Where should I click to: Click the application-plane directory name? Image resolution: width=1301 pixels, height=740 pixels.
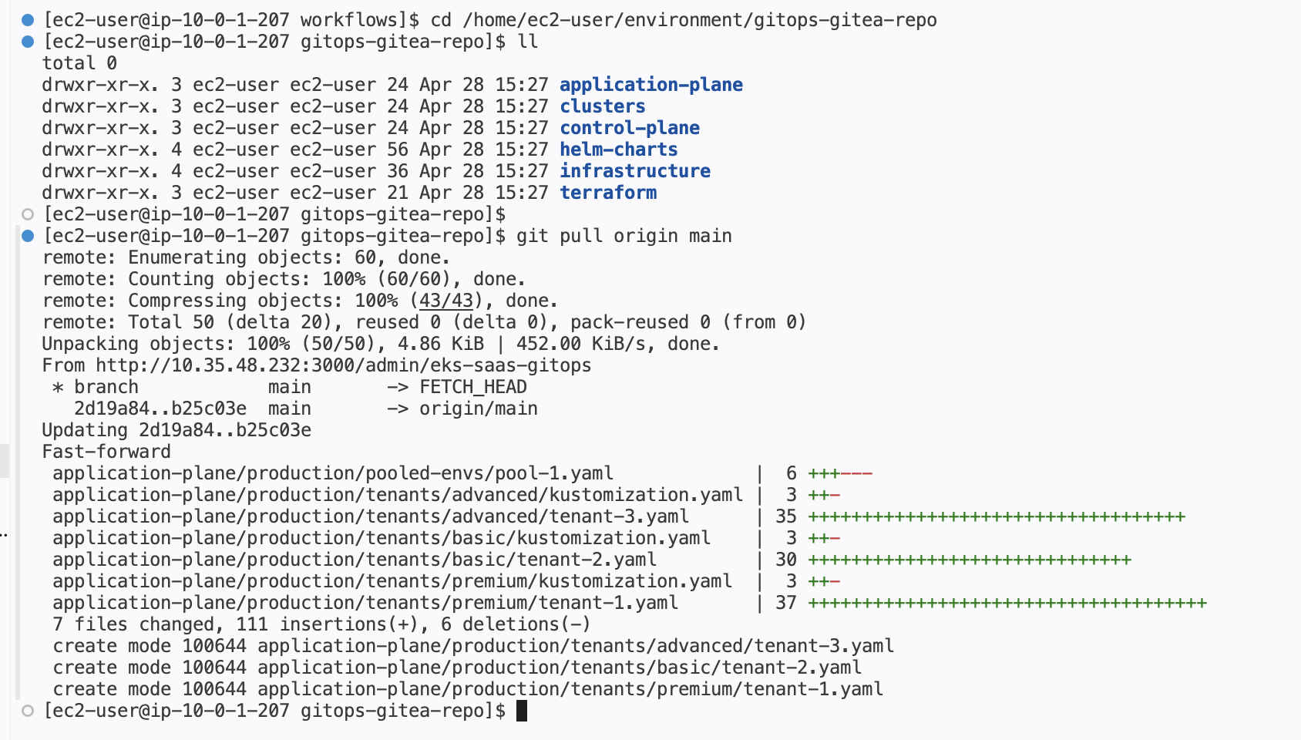pyautogui.click(x=650, y=85)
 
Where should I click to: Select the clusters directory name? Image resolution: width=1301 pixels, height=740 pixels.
pyautogui.click(x=602, y=106)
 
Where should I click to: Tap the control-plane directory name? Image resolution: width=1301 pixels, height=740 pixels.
pyautogui.click(x=629, y=128)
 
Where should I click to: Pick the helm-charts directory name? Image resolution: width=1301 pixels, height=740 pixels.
pyautogui.click(x=618, y=150)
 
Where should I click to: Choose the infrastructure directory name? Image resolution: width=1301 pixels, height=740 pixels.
pyautogui.click(x=634, y=171)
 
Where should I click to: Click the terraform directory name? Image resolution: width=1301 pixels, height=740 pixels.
pyautogui.click(x=607, y=193)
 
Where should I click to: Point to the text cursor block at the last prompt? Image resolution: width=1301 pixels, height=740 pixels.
pyautogui.click(x=522, y=711)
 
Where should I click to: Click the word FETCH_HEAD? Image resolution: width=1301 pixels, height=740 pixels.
pyautogui.click(x=472, y=387)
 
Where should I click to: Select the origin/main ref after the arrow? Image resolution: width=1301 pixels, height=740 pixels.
pyautogui.click(x=478, y=409)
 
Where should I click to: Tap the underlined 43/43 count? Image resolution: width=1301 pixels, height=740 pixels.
pyautogui.click(x=445, y=301)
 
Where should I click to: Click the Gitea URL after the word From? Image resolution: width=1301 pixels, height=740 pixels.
pyautogui.click(x=343, y=365)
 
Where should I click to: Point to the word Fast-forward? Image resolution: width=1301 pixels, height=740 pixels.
pyautogui.click(x=106, y=452)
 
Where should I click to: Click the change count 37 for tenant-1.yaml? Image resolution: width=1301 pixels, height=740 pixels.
pyautogui.click(x=785, y=603)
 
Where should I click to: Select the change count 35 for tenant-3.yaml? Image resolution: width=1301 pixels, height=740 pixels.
pyautogui.click(x=785, y=516)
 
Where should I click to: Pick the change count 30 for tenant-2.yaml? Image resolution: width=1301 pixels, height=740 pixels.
pyautogui.click(x=785, y=560)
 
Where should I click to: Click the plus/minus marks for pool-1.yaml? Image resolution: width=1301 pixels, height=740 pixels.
pyautogui.click(x=840, y=473)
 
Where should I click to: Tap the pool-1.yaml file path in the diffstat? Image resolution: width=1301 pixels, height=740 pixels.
pyautogui.click(x=332, y=473)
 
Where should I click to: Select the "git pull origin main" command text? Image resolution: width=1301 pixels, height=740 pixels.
pyautogui.click(x=624, y=236)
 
